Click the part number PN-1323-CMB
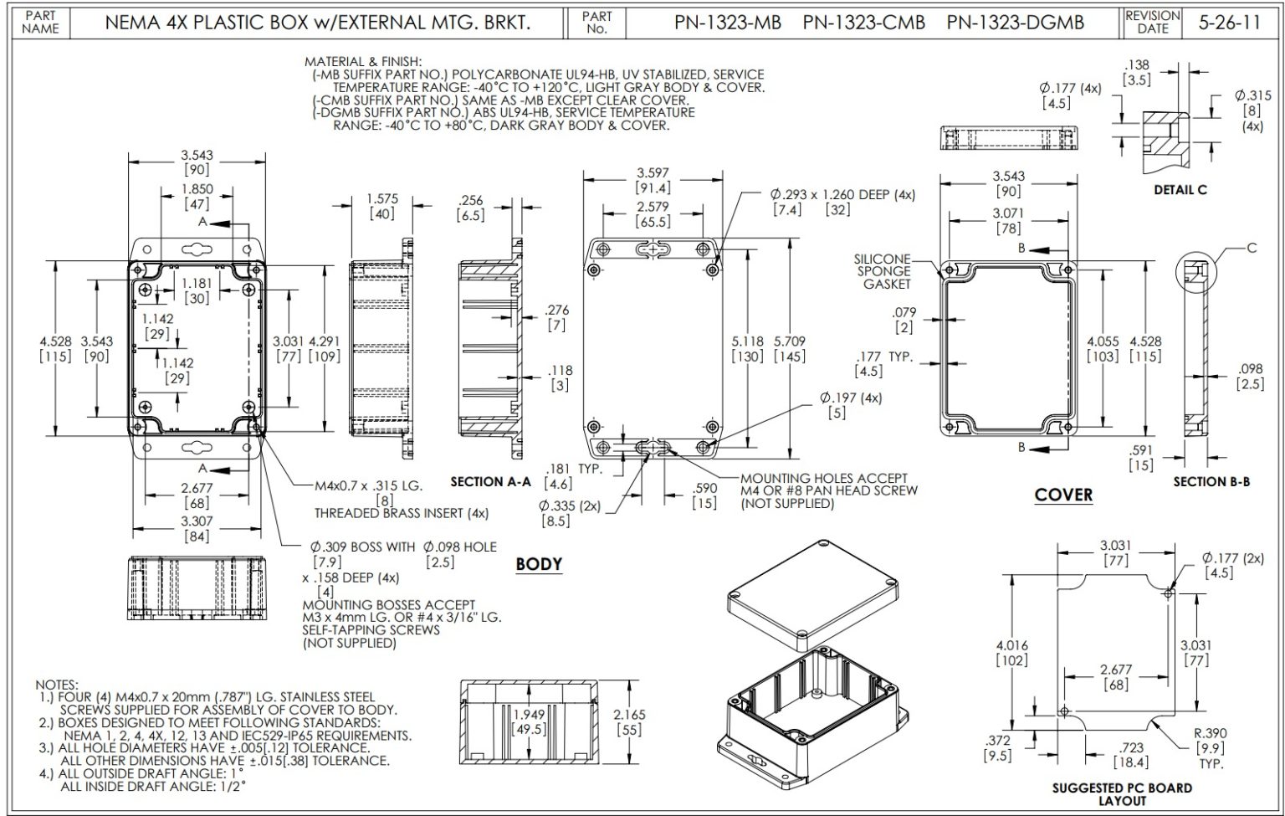point(863,23)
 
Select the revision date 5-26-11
point(1229,23)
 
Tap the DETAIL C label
point(1180,190)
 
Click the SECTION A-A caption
point(490,481)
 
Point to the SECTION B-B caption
point(1211,481)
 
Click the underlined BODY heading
point(539,563)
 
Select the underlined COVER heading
point(1063,495)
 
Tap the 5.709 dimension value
point(790,341)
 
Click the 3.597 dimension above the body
point(653,173)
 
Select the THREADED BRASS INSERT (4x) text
point(402,512)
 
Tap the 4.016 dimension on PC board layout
point(1011,645)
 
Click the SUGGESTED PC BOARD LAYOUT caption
point(1122,793)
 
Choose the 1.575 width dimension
point(382,199)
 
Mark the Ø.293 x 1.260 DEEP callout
point(842,195)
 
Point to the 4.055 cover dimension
point(1103,341)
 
